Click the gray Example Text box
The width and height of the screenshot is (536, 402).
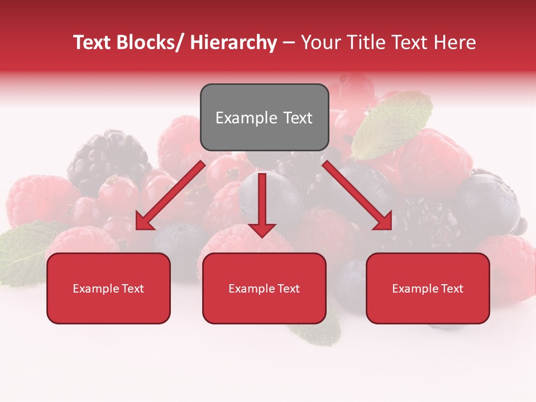[x=264, y=117]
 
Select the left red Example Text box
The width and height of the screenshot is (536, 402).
[x=108, y=289]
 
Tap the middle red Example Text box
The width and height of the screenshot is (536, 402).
[x=264, y=289]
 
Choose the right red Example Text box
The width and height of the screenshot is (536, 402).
[x=428, y=289]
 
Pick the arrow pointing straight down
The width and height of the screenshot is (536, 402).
[x=262, y=204]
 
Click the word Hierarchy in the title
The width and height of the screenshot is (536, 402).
[x=233, y=42]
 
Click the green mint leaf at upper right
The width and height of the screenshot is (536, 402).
[x=394, y=124]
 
